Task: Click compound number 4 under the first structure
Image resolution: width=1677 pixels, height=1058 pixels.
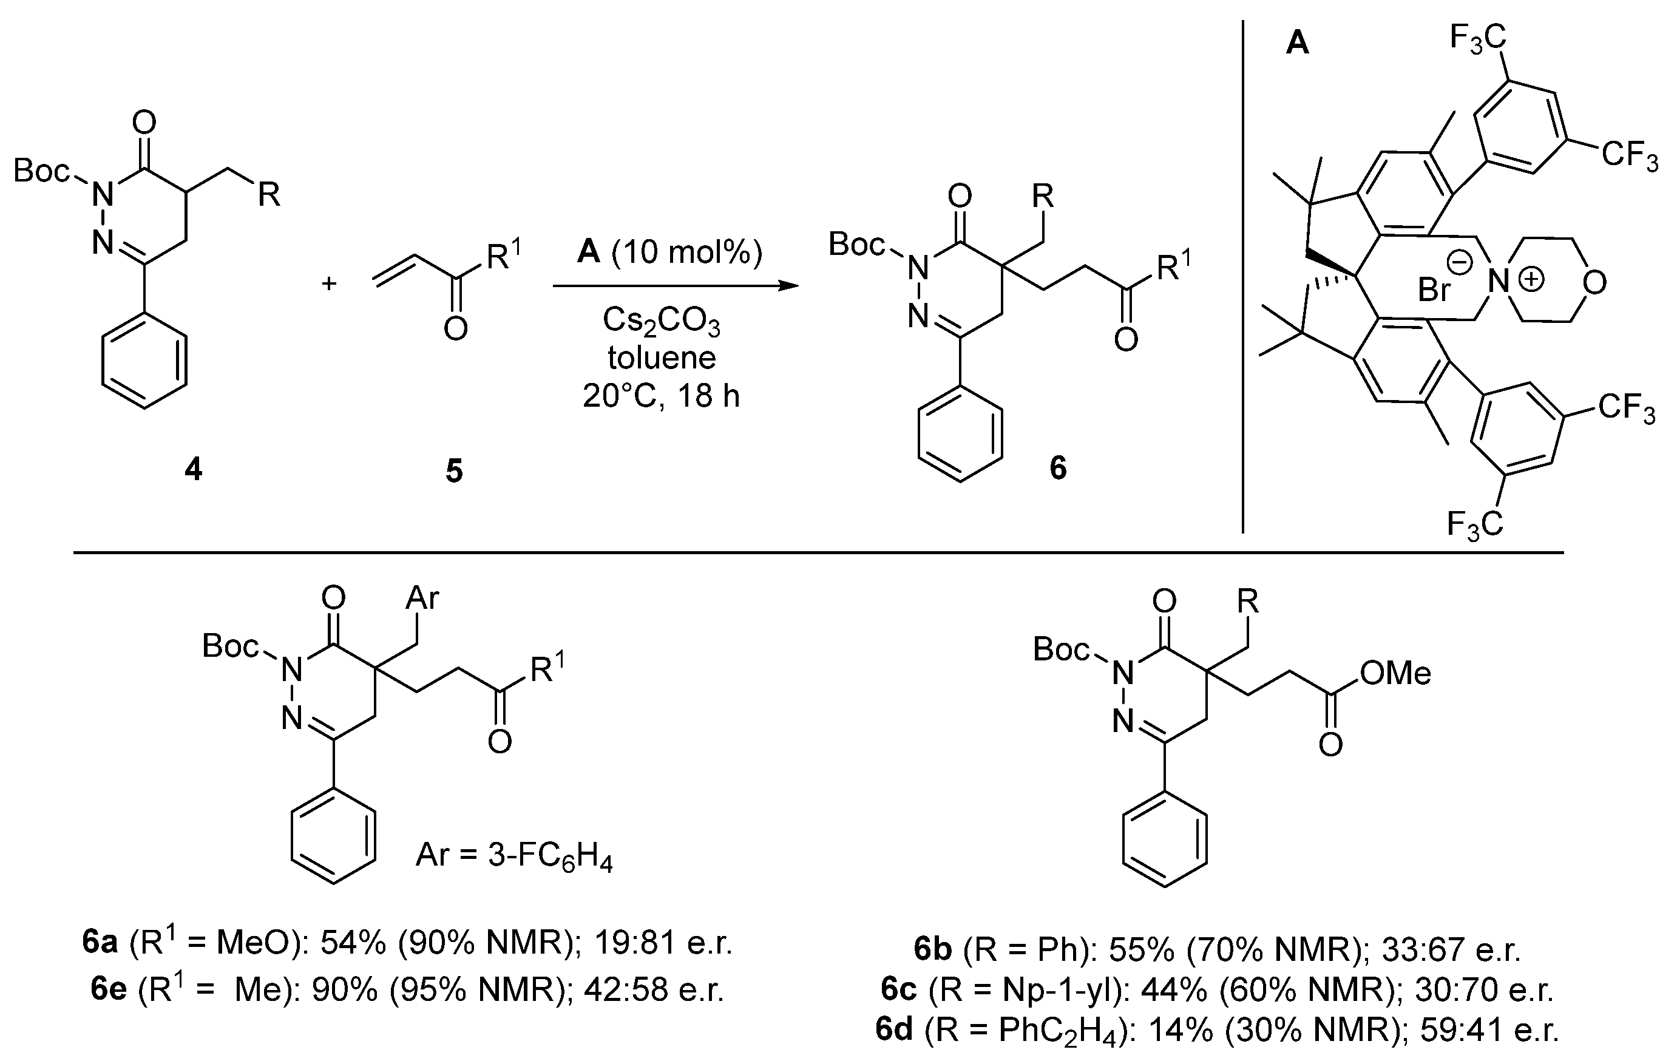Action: pyautogui.click(x=193, y=470)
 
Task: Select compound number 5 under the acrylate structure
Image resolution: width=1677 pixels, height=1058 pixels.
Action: pyautogui.click(x=454, y=472)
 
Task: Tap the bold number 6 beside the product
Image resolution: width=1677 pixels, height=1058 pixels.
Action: pyautogui.click(x=1058, y=468)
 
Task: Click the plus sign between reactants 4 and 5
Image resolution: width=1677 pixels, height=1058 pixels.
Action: pyautogui.click(x=330, y=283)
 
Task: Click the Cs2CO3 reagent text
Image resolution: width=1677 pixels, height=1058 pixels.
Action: pyautogui.click(x=661, y=322)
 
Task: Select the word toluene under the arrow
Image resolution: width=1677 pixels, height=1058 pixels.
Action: pyautogui.click(x=662, y=358)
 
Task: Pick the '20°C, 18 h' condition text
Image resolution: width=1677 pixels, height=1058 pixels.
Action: pyautogui.click(x=661, y=396)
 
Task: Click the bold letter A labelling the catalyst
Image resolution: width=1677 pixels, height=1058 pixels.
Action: pyautogui.click(x=1297, y=44)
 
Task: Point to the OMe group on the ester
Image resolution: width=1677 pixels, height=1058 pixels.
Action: pyautogui.click(x=1395, y=673)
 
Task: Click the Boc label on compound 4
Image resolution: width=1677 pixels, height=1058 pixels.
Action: pyautogui.click(x=41, y=171)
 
